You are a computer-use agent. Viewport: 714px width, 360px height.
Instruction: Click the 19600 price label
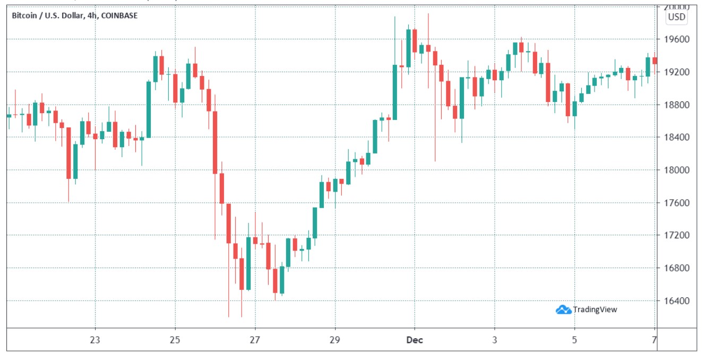click(677, 40)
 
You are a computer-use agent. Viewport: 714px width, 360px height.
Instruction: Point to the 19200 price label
click(677, 72)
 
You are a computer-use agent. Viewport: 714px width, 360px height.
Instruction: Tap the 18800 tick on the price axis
click(677, 105)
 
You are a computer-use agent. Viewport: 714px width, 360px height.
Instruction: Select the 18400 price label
click(677, 138)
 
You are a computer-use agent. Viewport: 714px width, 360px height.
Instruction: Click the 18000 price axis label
click(677, 170)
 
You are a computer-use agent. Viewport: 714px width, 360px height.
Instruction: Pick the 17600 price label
click(677, 203)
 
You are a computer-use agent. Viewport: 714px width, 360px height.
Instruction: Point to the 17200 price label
click(677, 235)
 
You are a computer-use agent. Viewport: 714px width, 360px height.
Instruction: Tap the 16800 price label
click(677, 268)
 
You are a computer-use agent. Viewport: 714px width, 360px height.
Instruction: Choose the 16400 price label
click(677, 301)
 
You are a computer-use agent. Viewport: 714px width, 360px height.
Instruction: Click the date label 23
click(96, 340)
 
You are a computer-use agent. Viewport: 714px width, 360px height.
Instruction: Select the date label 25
click(175, 340)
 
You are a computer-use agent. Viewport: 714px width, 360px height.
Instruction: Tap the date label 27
click(255, 340)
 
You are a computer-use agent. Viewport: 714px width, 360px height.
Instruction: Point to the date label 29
click(335, 340)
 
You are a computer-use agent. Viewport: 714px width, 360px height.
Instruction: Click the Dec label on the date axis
click(415, 340)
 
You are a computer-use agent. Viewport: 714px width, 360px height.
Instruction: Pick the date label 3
click(495, 340)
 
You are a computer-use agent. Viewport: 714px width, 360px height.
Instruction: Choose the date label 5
click(574, 340)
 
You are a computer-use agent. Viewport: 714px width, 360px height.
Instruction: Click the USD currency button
click(677, 17)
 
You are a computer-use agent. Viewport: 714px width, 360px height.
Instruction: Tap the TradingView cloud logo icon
click(563, 309)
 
